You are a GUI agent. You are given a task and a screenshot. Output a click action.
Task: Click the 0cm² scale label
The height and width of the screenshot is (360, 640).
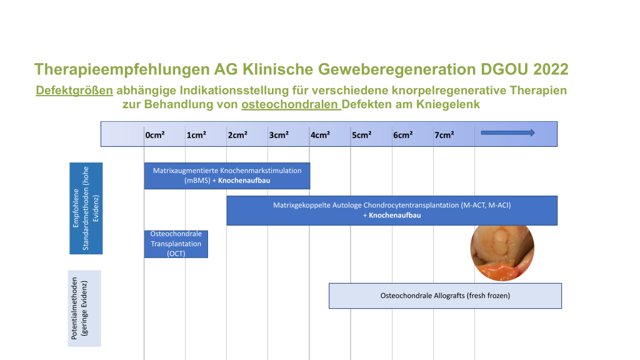(155, 135)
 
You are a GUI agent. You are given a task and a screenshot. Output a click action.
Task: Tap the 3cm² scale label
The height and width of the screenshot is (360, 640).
(279, 135)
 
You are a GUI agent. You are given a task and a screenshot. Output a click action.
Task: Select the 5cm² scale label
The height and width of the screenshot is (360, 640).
(362, 135)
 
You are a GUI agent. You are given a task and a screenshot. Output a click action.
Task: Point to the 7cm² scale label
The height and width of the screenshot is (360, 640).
(444, 135)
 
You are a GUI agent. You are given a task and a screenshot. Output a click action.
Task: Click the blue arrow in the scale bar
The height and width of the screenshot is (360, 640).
(507, 132)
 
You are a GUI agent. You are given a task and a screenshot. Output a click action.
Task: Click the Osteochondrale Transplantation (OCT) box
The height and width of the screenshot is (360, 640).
(176, 244)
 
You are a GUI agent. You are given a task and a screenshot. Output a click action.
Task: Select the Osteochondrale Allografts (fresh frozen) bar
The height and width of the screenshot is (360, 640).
(445, 296)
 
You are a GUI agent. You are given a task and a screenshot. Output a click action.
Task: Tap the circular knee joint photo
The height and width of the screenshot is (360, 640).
(502, 250)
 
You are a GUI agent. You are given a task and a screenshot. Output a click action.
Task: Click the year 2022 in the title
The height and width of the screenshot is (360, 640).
(551, 69)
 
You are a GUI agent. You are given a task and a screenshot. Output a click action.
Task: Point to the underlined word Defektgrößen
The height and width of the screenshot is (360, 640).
(74, 90)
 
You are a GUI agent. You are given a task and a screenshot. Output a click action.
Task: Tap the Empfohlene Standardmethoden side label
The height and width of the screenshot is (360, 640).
(86, 208)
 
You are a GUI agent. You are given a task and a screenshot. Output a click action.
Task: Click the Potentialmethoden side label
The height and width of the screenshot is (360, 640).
(84, 309)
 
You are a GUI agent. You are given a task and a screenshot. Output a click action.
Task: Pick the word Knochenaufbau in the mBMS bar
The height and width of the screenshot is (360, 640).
(244, 181)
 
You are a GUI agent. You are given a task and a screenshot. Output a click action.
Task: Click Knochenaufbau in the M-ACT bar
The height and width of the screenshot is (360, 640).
(395, 215)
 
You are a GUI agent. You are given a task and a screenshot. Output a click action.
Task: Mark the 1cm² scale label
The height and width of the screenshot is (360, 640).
(196, 135)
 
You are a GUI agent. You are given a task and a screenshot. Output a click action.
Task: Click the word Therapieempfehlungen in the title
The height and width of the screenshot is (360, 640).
(122, 70)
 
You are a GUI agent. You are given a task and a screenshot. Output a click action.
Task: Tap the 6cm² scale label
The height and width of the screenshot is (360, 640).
(403, 135)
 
